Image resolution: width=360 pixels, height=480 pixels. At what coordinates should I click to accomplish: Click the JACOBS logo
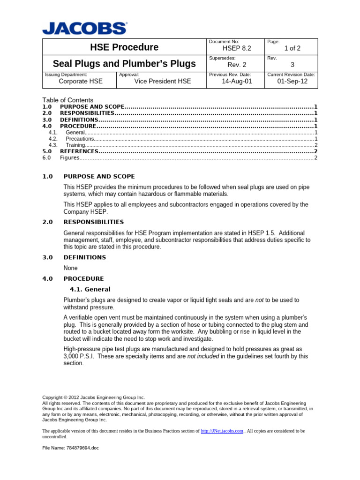[x=84, y=28]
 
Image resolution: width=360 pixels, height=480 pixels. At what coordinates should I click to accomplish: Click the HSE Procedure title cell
[x=124, y=47]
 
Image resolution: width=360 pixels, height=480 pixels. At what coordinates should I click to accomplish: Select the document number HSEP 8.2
[x=233, y=48]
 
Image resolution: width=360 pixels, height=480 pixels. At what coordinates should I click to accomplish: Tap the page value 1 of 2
[x=292, y=48]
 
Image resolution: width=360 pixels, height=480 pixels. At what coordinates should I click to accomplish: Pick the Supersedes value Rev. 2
[x=237, y=65]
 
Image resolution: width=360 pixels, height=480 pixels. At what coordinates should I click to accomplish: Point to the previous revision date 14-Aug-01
[x=237, y=81]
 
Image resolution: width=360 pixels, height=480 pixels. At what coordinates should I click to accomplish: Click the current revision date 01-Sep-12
[x=292, y=81]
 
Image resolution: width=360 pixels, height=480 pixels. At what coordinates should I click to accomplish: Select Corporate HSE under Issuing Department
[x=80, y=81]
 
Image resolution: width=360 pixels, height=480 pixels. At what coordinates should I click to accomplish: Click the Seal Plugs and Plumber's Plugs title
[x=124, y=64]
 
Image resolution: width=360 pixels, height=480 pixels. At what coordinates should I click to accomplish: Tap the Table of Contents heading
[x=68, y=100]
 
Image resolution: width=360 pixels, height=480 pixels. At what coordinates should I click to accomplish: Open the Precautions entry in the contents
[x=80, y=139]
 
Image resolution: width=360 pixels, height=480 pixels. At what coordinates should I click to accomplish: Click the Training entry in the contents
[x=75, y=145]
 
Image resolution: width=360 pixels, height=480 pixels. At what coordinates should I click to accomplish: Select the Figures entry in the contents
[x=69, y=158]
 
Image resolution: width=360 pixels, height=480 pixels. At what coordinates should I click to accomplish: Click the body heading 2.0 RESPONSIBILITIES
[x=93, y=222]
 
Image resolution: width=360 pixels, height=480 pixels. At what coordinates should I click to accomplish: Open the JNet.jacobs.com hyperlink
[x=222, y=431]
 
